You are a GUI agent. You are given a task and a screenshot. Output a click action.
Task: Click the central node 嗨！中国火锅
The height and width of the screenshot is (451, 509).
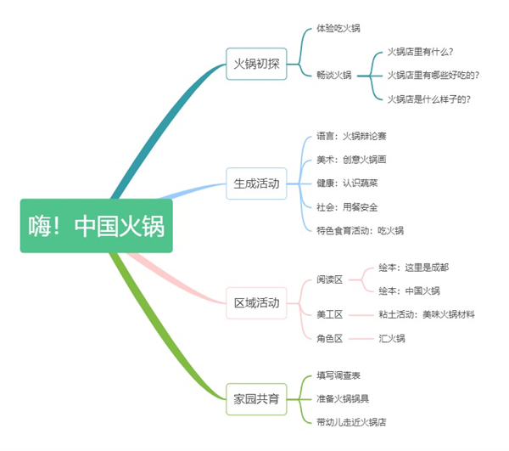[x=97, y=227]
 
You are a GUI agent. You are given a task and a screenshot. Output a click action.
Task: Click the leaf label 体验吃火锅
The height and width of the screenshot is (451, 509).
[x=338, y=28]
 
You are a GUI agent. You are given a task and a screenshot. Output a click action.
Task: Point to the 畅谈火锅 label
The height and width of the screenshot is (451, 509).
[x=334, y=75]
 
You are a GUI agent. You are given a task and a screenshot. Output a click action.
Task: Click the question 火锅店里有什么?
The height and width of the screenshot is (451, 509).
[x=420, y=52]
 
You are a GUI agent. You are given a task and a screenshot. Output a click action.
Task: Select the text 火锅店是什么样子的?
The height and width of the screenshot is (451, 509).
[x=429, y=99]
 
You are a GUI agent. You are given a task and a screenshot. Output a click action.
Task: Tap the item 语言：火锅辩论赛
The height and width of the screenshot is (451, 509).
[x=352, y=136]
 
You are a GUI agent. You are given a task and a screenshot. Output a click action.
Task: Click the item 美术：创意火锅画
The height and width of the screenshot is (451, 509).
[x=352, y=160]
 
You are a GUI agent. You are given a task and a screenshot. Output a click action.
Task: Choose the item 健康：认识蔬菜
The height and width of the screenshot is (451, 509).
[x=348, y=183]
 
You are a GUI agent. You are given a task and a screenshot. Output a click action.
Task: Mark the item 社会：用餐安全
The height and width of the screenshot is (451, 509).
[x=348, y=206]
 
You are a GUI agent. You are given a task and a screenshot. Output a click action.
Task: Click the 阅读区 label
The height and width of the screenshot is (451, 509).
[x=329, y=279]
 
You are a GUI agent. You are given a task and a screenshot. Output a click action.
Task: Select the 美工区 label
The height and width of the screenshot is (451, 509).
[x=329, y=314]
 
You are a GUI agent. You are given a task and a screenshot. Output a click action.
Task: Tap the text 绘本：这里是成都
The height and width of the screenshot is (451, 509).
[x=414, y=267]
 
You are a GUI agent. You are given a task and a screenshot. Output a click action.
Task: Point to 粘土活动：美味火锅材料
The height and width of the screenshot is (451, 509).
[x=427, y=314]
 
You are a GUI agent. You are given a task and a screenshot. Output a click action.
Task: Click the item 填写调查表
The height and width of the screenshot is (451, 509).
[x=338, y=375]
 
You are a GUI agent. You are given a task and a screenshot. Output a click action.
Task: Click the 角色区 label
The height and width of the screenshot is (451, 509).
[x=329, y=338]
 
